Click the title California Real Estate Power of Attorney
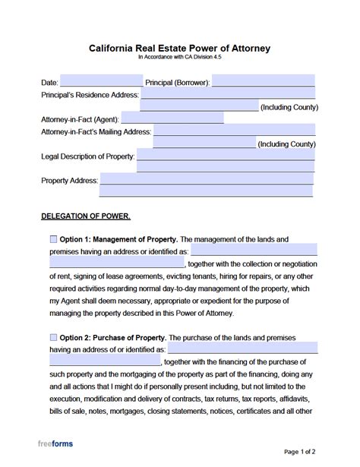[x=180, y=48]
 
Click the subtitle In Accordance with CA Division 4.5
[x=180, y=58]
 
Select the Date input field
[x=100, y=80]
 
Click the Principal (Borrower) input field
[x=264, y=80]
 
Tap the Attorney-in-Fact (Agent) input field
[x=172, y=118]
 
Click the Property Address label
[x=68, y=181]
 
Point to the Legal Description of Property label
[x=87, y=156]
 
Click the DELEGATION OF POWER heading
[x=85, y=216]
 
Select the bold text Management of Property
[x=140, y=239]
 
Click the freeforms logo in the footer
[x=57, y=443]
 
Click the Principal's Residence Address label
[x=90, y=95]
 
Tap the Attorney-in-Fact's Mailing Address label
[x=96, y=131]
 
